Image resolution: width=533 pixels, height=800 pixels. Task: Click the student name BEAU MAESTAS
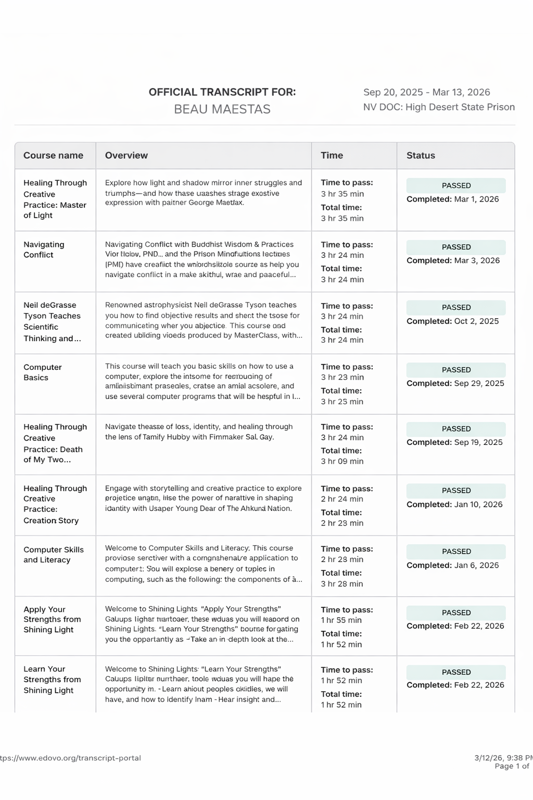(222, 109)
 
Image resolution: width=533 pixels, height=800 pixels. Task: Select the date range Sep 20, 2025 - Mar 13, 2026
(426, 92)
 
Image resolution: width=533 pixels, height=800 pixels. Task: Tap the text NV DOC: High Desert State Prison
(439, 107)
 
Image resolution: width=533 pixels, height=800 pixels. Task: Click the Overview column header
(126, 155)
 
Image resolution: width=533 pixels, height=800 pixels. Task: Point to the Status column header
(421, 155)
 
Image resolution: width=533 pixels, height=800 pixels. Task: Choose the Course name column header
(53, 155)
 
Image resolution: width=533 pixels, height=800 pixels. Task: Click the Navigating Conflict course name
(44, 249)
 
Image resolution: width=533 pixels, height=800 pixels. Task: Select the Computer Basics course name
(42, 372)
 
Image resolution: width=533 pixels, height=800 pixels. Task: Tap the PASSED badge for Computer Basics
(456, 370)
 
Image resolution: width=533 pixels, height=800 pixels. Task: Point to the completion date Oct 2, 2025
(476, 321)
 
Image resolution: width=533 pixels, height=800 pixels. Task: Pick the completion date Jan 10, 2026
(478, 504)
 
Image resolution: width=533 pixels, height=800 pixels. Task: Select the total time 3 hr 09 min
(342, 461)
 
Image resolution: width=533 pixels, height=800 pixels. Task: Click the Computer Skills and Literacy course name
(53, 555)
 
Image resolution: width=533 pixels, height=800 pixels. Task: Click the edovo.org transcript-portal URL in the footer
(70, 758)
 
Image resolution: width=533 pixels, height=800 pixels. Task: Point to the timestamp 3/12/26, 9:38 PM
(503, 758)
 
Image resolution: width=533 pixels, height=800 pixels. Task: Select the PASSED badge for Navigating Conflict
(456, 247)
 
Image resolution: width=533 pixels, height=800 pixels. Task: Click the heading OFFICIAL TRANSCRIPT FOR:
(222, 92)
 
